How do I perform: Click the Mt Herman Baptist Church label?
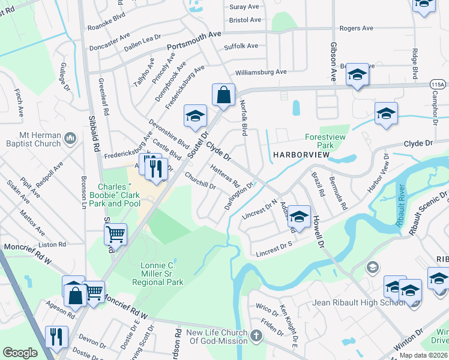coord(31,139)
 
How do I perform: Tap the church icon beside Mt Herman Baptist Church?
coord(71,139)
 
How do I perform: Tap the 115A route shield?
coord(438,86)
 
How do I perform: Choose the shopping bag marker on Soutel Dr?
coord(223,95)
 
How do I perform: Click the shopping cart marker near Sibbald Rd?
coord(115,234)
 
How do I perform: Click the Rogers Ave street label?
coord(357,28)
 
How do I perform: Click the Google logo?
coord(20,353)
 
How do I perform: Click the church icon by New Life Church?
coord(256,335)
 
